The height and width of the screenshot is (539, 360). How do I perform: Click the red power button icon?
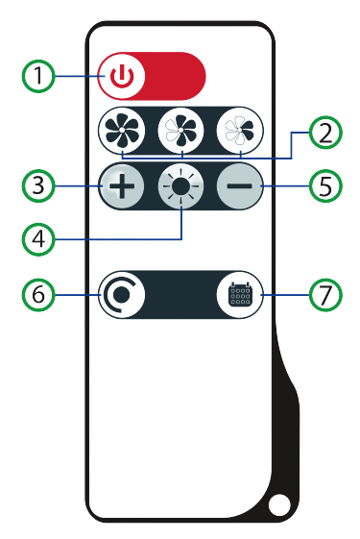click(x=122, y=76)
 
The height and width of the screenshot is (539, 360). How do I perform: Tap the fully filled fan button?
click(x=122, y=131)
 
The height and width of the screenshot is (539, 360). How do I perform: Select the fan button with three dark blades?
click(x=181, y=131)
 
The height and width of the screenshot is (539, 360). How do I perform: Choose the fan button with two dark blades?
click(x=240, y=131)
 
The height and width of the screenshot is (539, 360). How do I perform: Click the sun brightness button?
click(x=181, y=186)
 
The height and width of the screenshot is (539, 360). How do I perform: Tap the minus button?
click(x=240, y=186)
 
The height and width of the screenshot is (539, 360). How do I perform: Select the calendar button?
click(x=240, y=295)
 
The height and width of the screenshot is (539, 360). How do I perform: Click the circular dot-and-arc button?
click(x=122, y=295)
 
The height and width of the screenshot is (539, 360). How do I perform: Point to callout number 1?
click(x=38, y=76)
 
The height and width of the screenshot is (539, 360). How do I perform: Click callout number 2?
click(x=325, y=133)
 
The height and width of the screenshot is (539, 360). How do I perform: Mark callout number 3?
click(x=38, y=185)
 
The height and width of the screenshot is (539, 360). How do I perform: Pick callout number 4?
click(x=38, y=238)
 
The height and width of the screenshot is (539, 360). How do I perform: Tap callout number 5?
click(x=325, y=186)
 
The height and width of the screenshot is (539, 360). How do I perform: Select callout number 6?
click(x=38, y=295)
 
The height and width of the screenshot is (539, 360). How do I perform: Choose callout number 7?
click(x=325, y=295)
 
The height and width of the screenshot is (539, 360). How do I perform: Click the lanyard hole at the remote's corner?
click(x=279, y=505)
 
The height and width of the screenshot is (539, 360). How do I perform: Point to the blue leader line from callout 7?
click(x=285, y=295)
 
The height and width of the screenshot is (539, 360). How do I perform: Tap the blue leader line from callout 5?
click(x=285, y=186)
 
